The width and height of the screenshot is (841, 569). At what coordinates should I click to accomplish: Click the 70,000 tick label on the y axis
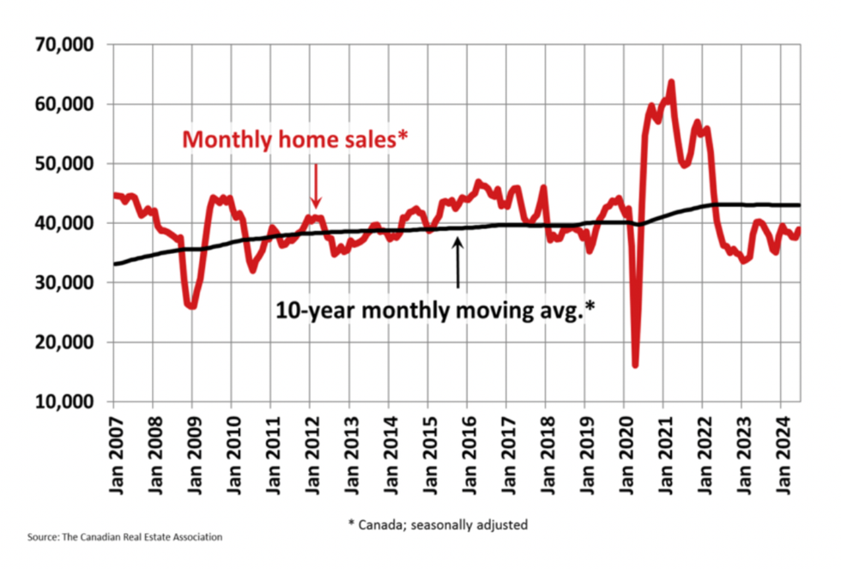point(64,45)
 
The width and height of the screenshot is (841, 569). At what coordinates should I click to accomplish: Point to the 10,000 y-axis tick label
point(64,402)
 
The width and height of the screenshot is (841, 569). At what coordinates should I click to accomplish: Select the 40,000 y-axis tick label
point(64,223)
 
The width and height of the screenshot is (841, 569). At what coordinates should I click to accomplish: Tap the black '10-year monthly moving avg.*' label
point(435,311)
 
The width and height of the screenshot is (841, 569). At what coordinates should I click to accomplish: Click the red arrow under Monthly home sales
point(315,185)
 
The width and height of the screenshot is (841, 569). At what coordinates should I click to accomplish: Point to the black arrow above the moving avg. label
point(457,263)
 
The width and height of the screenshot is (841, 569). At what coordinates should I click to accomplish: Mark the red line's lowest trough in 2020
point(635,365)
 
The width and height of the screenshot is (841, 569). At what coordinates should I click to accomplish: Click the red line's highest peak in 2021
point(671,82)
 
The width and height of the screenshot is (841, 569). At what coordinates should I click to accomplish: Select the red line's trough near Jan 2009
point(191,306)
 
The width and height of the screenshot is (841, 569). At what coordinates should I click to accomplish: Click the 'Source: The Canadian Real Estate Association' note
point(125,537)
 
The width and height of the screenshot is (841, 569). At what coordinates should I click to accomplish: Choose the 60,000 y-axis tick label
point(64,104)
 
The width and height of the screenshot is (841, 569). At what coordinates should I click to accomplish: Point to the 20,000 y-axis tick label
point(64,342)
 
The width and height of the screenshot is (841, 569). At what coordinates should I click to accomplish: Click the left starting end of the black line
point(115,263)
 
